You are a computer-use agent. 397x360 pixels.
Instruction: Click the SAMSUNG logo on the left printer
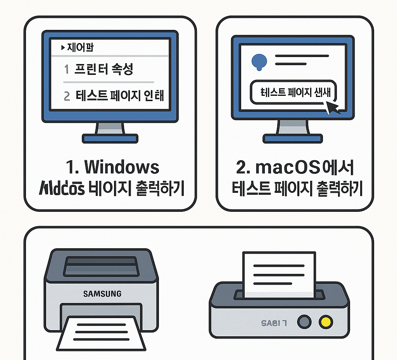point(102,294)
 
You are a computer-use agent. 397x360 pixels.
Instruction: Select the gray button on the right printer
point(304,322)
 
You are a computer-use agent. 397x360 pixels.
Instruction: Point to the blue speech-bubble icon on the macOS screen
point(259,61)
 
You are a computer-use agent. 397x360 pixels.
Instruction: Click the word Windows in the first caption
point(122,167)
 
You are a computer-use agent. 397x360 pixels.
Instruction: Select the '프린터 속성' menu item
point(104,70)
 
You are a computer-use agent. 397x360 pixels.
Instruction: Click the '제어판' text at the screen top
point(81,48)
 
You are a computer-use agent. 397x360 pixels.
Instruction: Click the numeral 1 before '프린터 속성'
point(66,70)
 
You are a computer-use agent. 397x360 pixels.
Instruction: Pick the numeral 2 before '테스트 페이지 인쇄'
point(67,96)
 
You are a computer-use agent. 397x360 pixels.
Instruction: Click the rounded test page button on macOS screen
point(293,92)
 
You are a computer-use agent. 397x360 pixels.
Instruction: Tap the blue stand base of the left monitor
point(110,138)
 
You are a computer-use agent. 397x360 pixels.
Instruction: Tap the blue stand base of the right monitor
point(293,138)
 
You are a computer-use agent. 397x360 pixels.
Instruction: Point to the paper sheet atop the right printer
point(278,273)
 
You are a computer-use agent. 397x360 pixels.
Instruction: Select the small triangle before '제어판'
point(63,48)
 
